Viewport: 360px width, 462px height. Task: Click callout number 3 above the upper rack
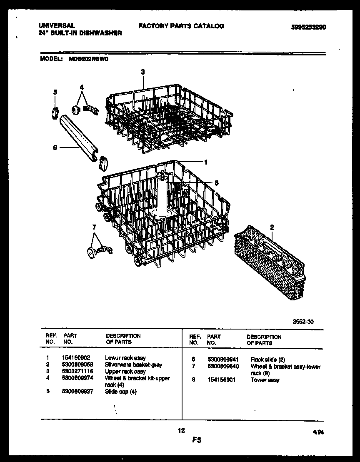(142, 72)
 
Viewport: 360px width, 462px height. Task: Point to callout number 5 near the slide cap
(55, 92)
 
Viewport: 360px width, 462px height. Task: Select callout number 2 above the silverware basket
(272, 227)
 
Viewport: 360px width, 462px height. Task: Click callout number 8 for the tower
(217, 182)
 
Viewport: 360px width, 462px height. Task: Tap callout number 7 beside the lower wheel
(94, 227)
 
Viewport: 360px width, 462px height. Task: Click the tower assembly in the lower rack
(162, 196)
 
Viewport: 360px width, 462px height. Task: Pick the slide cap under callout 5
(55, 112)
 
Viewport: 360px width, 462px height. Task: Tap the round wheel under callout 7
(90, 252)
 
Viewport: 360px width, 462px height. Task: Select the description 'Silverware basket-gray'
(133, 365)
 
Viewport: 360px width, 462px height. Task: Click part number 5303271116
(78, 371)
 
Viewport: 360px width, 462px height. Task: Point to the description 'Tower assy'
(265, 380)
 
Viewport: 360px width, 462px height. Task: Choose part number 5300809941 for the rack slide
(222, 359)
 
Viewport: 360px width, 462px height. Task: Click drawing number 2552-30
(303, 321)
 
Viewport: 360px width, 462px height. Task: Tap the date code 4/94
(318, 432)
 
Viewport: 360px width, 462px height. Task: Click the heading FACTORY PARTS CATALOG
(181, 26)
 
